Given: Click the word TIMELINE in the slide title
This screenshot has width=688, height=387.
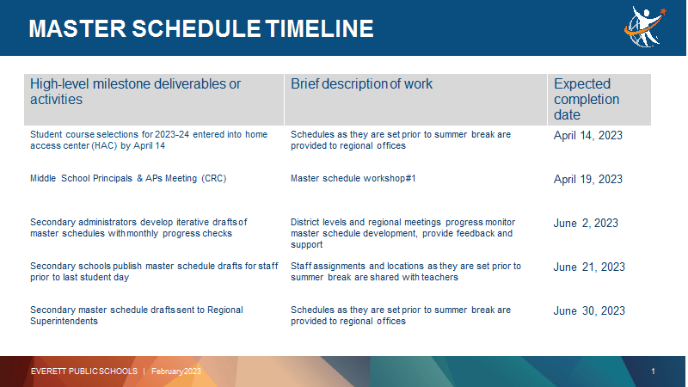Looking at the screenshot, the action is click(319, 29).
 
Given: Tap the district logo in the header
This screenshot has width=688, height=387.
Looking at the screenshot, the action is click(645, 27).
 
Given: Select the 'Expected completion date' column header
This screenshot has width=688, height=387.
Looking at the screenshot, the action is click(587, 99).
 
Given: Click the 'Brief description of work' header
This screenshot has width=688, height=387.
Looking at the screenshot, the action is click(361, 83).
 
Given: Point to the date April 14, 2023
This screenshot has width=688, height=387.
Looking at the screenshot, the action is click(588, 135).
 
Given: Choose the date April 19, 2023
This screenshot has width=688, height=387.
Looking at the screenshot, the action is click(588, 179).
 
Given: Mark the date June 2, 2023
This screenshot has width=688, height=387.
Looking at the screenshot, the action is click(586, 223).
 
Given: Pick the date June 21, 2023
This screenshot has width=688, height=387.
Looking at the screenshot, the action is click(589, 267).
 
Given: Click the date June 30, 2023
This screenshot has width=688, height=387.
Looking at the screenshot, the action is click(589, 310).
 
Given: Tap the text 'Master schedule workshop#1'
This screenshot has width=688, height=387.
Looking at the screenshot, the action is click(353, 179).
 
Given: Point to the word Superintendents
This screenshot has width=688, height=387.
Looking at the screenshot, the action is click(64, 321).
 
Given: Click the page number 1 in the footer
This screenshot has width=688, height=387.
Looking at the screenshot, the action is click(653, 372).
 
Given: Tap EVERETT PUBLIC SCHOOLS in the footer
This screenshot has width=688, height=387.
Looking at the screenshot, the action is click(84, 372).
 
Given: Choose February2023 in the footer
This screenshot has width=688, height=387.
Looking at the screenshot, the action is click(176, 372).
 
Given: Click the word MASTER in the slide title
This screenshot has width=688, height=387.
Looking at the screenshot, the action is click(77, 29).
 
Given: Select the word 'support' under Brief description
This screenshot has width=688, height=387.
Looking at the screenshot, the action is click(307, 245).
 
